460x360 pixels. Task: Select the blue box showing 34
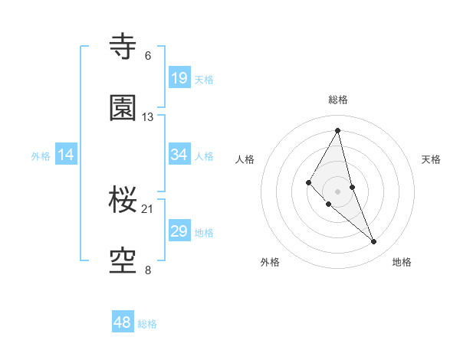(x=179, y=154)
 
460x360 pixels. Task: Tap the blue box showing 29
(x=179, y=231)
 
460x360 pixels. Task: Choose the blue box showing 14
(x=66, y=155)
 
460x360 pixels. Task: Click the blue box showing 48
(x=123, y=322)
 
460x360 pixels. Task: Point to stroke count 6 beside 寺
(x=148, y=56)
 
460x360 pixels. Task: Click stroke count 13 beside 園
(x=148, y=117)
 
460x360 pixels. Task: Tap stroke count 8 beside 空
(x=148, y=270)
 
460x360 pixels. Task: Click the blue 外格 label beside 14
(x=41, y=156)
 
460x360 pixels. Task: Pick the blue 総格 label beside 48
(x=147, y=324)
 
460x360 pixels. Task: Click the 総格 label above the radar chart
(x=338, y=100)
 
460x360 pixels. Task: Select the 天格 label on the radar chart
(x=431, y=159)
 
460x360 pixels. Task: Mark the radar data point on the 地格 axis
(x=374, y=242)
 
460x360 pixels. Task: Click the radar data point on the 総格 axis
(x=338, y=130)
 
